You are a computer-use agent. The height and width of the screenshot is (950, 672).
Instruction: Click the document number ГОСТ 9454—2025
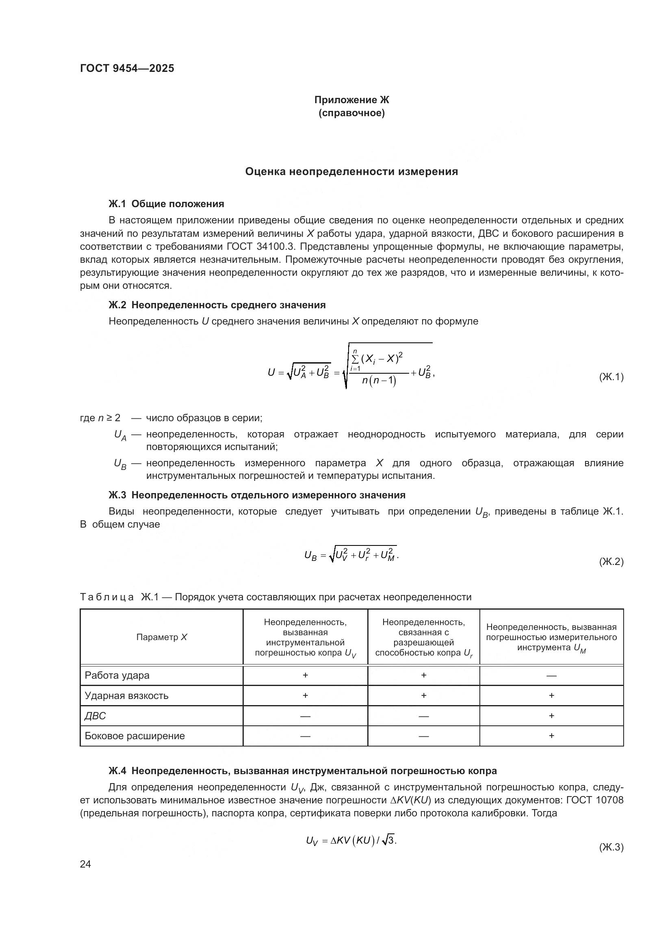(x=127, y=68)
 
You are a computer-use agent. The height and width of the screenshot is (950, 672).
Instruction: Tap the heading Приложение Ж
(x=351, y=100)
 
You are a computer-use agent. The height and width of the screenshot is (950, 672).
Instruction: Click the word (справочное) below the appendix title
(x=351, y=113)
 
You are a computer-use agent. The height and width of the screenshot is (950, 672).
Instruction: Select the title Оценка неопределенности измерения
(x=351, y=171)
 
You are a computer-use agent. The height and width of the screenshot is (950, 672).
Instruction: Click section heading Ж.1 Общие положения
(x=166, y=203)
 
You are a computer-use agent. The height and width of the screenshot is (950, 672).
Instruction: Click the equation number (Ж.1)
(x=611, y=377)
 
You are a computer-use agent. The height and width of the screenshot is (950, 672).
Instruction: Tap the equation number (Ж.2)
(x=611, y=561)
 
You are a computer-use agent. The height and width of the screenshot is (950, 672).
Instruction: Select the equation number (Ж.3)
(x=611, y=847)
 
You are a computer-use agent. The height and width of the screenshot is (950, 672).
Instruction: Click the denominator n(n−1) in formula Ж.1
(x=379, y=380)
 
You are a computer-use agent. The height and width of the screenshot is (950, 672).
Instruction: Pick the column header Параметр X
(x=161, y=637)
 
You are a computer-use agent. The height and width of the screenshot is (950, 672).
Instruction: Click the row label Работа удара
(x=117, y=675)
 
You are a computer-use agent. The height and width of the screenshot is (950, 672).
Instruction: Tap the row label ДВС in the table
(x=95, y=716)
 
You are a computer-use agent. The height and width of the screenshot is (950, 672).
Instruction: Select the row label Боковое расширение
(x=134, y=736)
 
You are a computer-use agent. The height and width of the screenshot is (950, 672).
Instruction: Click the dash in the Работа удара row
(x=551, y=676)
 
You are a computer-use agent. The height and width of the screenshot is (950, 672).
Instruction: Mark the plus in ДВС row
(x=551, y=715)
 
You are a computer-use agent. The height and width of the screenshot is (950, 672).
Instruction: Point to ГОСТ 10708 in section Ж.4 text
(x=594, y=800)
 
